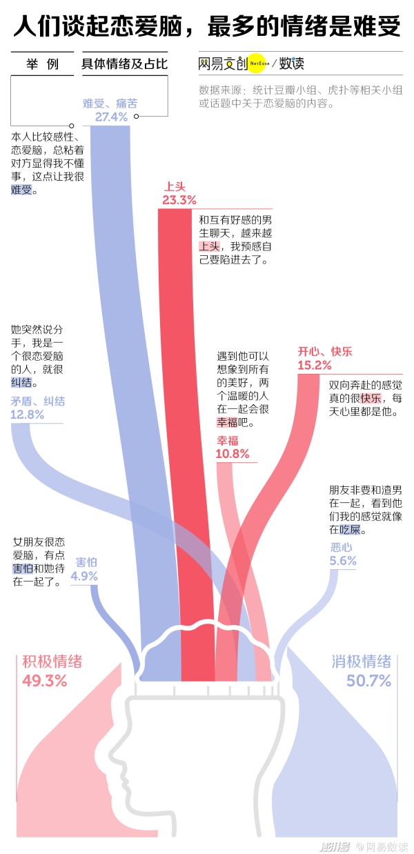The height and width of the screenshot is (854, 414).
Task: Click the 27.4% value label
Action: coord(111,117)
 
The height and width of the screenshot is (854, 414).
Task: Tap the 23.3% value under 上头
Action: coord(179,200)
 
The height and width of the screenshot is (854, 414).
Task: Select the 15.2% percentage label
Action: coord(315,365)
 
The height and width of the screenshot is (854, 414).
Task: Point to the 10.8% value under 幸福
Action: coord(233,454)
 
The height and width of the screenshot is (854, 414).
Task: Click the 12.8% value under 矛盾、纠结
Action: coord(28,414)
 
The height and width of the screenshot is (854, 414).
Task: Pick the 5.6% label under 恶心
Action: coord(343,560)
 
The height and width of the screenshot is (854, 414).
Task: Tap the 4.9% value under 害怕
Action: coord(84,576)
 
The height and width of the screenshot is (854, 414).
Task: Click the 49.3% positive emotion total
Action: coord(45,681)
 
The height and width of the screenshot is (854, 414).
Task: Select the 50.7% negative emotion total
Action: coord(368,681)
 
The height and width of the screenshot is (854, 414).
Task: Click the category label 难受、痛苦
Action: coord(110,103)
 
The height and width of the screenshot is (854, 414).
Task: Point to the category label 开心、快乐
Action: coord(325,352)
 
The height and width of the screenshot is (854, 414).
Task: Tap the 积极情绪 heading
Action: coord(52,662)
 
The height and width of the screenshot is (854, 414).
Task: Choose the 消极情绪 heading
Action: coord(362,662)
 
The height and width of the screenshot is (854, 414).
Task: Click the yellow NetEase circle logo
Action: coord(258,63)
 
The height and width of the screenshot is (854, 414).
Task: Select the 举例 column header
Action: coord(42,63)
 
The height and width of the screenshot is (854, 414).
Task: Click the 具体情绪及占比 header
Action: coord(125,63)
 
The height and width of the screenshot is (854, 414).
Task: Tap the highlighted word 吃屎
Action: coord(350,530)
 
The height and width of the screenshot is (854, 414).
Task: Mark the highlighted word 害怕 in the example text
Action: coord(23,568)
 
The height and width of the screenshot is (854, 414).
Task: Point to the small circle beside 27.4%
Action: coord(136,117)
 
